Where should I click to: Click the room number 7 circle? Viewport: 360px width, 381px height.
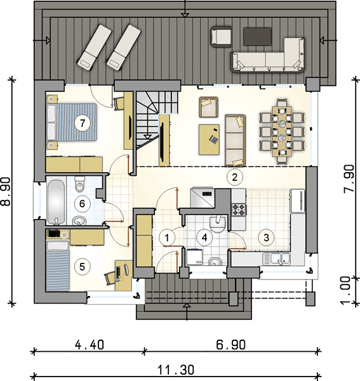(x=83, y=123)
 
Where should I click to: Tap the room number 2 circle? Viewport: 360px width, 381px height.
(x=234, y=177)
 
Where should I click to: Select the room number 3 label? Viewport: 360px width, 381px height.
(x=266, y=237)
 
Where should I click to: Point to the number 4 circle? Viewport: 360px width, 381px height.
(x=204, y=237)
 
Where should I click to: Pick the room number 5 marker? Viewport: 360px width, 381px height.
(x=82, y=267)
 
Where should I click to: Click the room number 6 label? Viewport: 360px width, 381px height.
(x=82, y=203)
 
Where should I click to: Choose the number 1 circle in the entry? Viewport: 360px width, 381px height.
(x=167, y=237)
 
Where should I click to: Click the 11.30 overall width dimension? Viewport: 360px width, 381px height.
(x=176, y=370)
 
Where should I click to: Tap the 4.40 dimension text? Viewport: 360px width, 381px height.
(x=90, y=345)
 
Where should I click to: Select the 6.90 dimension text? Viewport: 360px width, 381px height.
(x=230, y=345)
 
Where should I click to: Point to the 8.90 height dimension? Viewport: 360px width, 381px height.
(x=6, y=192)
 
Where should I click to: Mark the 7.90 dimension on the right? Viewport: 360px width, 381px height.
(x=349, y=179)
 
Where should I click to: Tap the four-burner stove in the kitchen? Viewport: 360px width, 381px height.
(x=239, y=210)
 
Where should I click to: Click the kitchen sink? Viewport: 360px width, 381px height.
(x=277, y=259)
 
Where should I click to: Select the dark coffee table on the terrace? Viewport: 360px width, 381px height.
(x=257, y=36)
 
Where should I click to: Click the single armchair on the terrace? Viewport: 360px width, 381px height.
(x=221, y=36)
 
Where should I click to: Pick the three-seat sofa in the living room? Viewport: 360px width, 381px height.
(x=235, y=140)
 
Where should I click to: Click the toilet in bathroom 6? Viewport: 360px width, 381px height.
(x=79, y=184)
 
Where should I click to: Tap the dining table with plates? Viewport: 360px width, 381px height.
(x=282, y=131)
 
